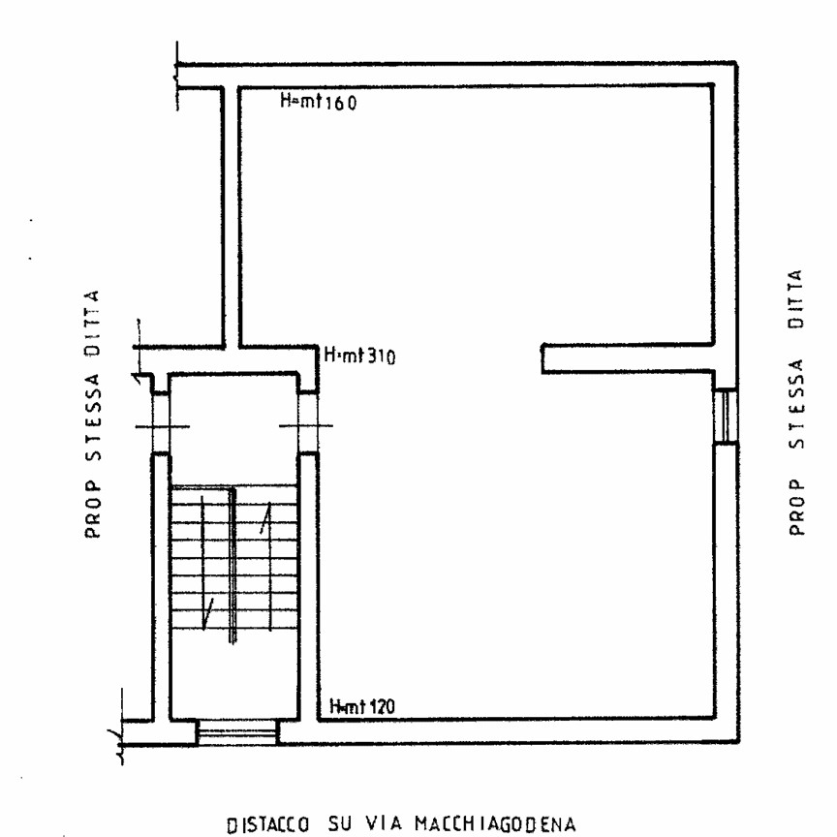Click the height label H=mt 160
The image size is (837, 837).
pyautogui.click(x=318, y=101)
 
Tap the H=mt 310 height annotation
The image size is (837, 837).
pyautogui.click(x=359, y=356)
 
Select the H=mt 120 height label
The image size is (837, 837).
pyautogui.click(x=362, y=706)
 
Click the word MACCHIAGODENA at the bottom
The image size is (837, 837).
pyautogui.click(x=495, y=823)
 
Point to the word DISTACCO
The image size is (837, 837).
pyautogui.click(x=268, y=824)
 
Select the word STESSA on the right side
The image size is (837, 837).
pyautogui.click(x=796, y=404)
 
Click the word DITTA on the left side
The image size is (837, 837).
pyautogui.click(x=93, y=324)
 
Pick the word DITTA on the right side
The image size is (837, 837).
pyautogui.click(x=796, y=298)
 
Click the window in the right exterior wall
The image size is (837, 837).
pyautogui.click(x=726, y=417)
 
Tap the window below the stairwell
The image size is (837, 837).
pyautogui.click(x=237, y=731)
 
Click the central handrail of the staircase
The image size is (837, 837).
pyautogui.click(x=232, y=565)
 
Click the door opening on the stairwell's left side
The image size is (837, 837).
pyautogui.click(x=161, y=425)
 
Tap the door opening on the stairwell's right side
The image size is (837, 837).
pyautogui.click(x=307, y=425)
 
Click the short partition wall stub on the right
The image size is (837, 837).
pyautogui.click(x=628, y=358)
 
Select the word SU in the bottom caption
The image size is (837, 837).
pyautogui.click(x=339, y=823)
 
